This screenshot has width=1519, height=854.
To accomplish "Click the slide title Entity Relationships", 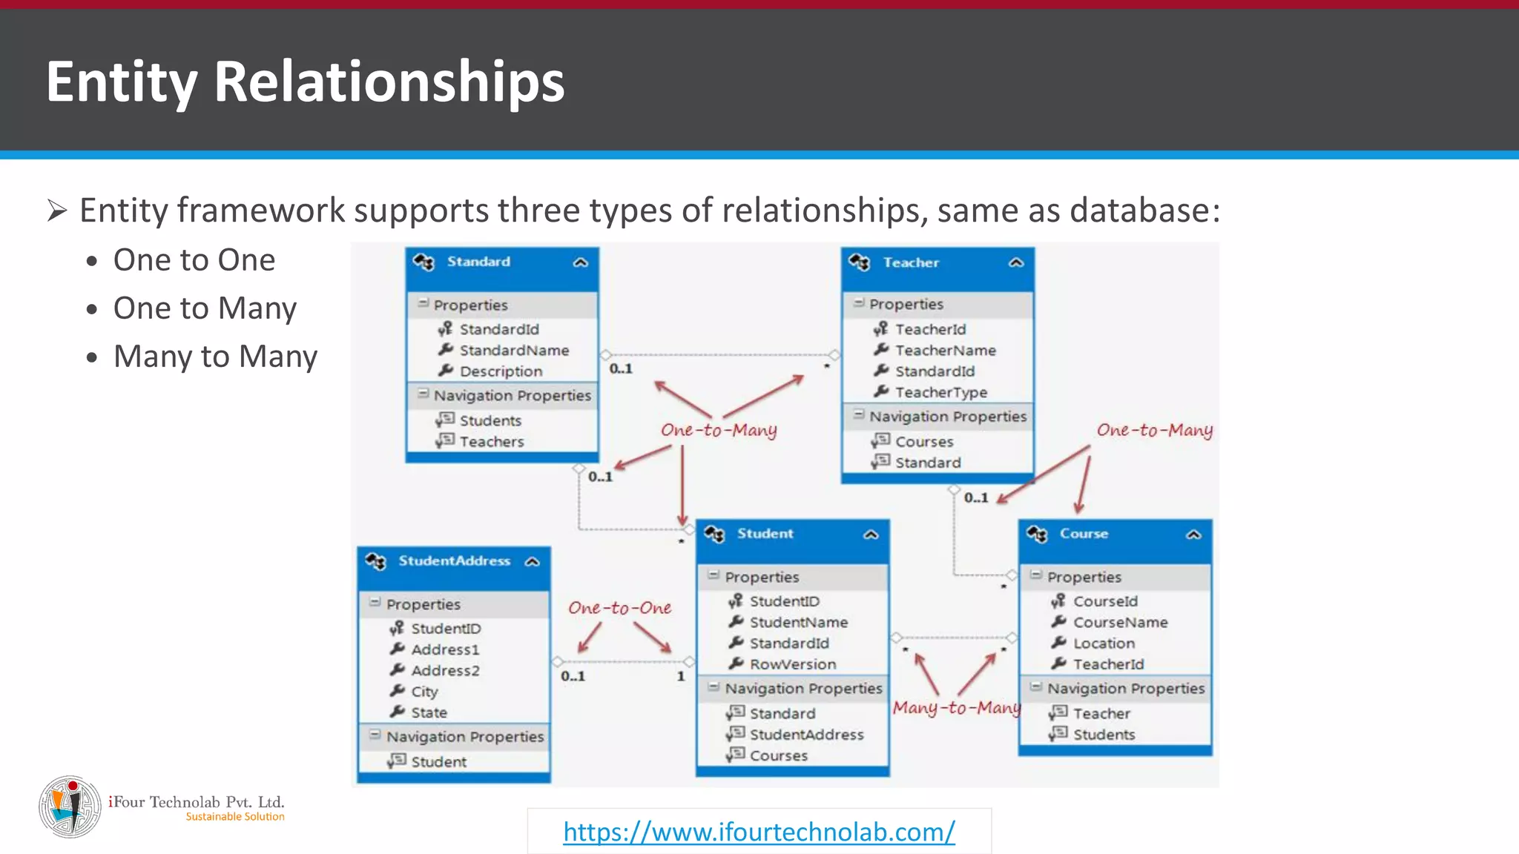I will point(305,81).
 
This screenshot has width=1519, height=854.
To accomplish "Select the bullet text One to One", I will point(194,260).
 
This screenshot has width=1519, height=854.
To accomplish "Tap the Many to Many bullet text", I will point(215,357).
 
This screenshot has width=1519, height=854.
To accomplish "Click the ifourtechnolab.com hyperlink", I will point(759,832).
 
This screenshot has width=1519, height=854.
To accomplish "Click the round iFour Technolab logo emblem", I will point(70,807).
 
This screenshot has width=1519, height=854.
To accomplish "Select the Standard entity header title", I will point(478,262).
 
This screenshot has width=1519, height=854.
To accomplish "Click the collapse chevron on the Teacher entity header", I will point(1016,262).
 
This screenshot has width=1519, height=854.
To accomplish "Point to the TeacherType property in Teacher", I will point(940,392).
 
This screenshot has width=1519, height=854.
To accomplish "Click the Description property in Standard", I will point(501,371).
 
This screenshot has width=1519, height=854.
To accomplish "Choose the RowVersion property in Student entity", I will point(792,664).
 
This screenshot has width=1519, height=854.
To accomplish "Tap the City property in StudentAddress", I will point(424,692).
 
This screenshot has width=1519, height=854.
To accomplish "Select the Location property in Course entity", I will point(1104,643).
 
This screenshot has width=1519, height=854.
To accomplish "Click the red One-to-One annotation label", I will point(619,608).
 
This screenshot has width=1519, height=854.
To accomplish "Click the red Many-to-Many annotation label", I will point(956,708).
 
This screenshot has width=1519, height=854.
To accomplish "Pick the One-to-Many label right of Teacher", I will point(1154,430).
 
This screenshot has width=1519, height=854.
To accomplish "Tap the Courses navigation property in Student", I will point(778,755).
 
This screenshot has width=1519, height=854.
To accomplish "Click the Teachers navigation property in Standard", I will point(491,442).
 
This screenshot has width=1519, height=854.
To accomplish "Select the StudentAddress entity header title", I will point(454,561).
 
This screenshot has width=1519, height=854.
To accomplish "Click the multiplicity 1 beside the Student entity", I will point(680,676).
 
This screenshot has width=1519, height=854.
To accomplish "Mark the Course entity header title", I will point(1083,534).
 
